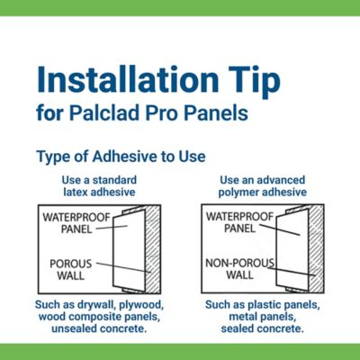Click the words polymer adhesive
263,193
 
